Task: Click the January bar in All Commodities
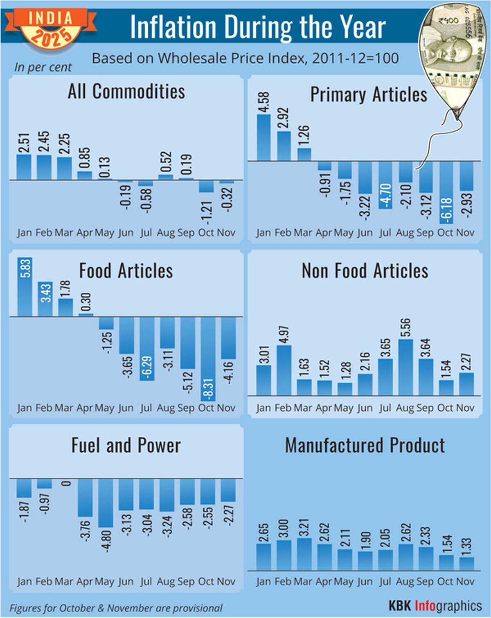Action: click(24, 167)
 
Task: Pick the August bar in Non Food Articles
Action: click(405, 367)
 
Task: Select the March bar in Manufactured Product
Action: click(304, 554)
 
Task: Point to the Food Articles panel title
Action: click(126, 271)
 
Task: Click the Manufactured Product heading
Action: click(365, 445)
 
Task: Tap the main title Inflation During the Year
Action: click(258, 27)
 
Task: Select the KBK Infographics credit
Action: click(435, 606)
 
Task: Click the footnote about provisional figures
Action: click(116, 608)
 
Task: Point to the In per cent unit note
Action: click(43, 67)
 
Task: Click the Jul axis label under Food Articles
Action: click(146, 408)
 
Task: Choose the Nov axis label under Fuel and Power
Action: click(226, 582)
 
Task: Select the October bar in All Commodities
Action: click(206, 186)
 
